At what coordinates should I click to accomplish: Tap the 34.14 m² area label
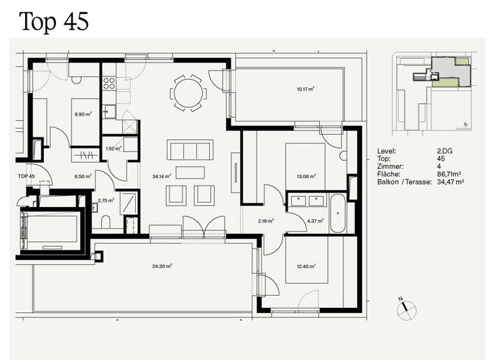(160, 175)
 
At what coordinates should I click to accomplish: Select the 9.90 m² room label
(83, 114)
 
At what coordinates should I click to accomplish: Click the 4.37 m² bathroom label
(315, 221)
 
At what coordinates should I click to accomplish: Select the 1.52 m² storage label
(113, 148)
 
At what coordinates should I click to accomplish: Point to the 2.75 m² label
(106, 201)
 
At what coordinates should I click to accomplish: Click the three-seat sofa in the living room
(188, 150)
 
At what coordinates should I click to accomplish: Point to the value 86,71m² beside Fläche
(451, 174)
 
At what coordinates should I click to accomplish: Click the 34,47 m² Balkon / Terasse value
(451, 182)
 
